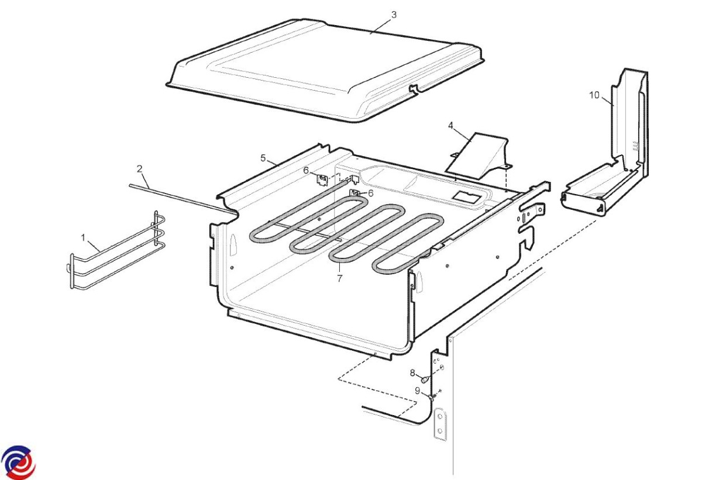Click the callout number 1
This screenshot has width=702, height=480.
tap(83, 238)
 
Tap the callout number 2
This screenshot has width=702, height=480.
tap(139, 169)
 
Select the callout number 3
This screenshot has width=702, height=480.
tap(394, 15)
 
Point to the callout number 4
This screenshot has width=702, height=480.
tap(450, 126)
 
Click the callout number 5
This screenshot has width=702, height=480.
tap(263, 158)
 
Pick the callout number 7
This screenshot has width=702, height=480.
tap(340, 278)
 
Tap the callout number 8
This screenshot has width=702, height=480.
tap(412, 373)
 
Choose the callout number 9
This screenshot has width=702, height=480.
tap(418, 391)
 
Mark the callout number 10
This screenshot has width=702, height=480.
tap(594, 95)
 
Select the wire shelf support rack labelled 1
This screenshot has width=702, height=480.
tap(116, 250)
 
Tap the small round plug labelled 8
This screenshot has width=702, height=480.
tap(425, 380)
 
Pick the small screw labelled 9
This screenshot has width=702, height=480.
tap(432, 398)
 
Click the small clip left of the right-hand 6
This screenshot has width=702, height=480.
tap(355, 192)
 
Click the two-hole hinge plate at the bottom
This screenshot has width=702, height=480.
tap(441, 424)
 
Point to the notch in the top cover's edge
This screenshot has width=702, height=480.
tap(414, 89)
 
